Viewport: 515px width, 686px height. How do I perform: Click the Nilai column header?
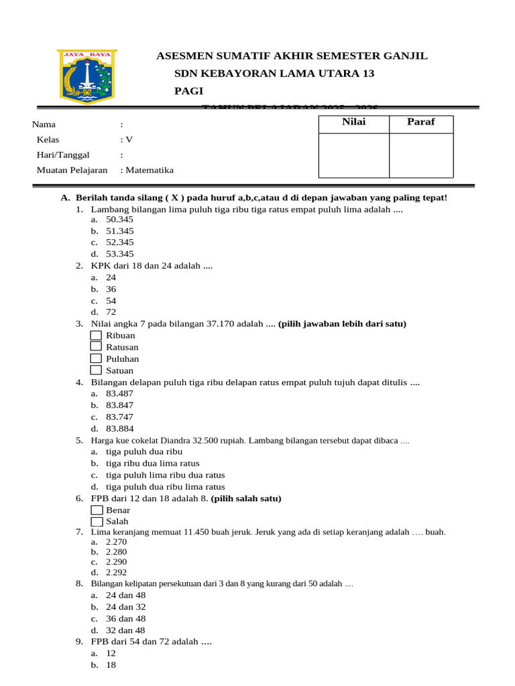353,122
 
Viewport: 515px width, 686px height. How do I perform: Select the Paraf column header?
420,122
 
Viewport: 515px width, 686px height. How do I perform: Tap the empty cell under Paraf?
420,155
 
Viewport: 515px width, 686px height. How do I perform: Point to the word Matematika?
149,170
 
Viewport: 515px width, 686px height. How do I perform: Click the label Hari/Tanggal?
63,155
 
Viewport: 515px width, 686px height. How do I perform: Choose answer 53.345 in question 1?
119,254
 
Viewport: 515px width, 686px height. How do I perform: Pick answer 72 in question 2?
111,312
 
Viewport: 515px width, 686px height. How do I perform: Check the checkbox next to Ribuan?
96,336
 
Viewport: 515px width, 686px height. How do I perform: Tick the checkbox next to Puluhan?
96,359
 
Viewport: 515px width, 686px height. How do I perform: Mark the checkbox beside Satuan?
96,370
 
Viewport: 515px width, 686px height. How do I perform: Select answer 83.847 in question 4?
119,405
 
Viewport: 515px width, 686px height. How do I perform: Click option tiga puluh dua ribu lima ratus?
166,487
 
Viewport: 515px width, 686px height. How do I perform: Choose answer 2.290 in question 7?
116,562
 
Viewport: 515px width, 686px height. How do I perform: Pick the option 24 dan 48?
125,596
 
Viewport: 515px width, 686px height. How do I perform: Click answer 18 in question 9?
111,666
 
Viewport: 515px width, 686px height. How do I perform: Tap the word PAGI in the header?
188,91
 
